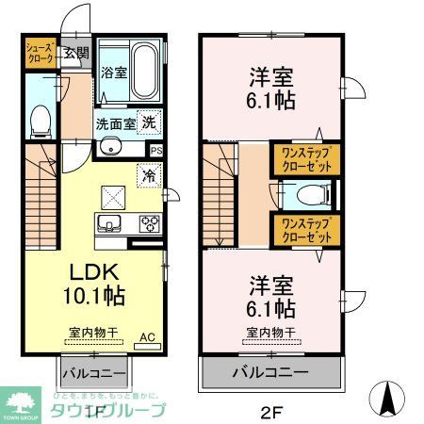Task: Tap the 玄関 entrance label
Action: coord(76,53)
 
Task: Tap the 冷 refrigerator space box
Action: coord(149,174)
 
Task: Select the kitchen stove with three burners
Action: coord(149,223)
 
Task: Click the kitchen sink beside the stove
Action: coord(106,223)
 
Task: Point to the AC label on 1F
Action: coord(147,336)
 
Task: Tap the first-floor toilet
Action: coord(41,119)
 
